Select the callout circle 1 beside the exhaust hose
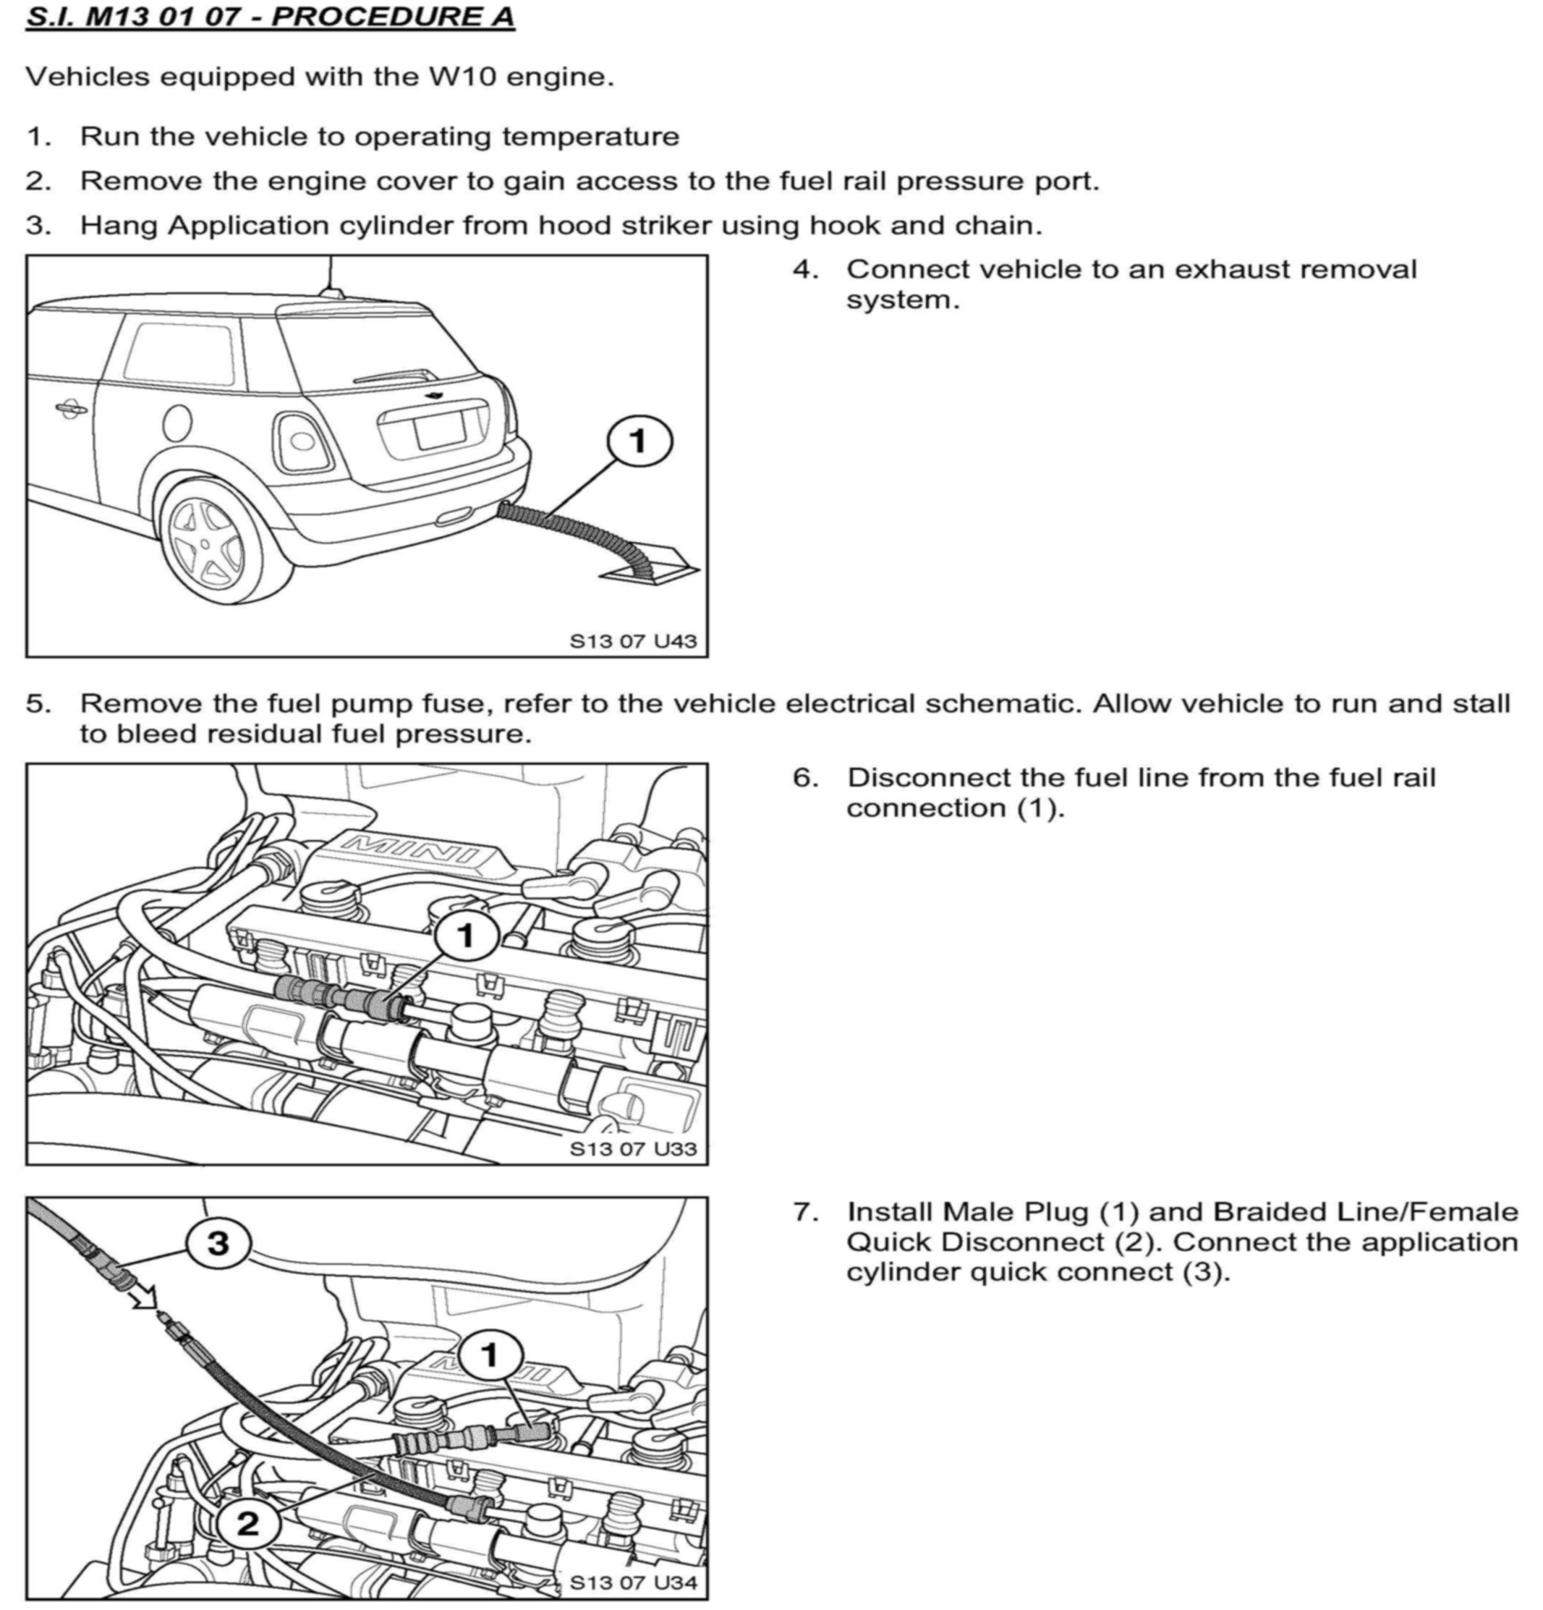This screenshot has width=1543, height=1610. pyautogui.click(x=639, y=442)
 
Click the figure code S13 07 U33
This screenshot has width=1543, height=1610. pyautogui.click(x=633, y=1148)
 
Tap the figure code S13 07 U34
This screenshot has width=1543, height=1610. pyautogui.click(x=633, y=1582)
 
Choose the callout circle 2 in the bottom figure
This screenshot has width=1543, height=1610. pyautogui.click(x=247, y=1525)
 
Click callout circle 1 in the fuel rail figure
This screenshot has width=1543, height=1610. pyautogui.click(x=467, y=935)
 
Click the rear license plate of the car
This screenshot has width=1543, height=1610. pyautogui.click(x=439, y=431)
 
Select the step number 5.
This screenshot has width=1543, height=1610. pyautogui.click(x=38, y=704)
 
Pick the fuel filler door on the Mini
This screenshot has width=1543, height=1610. pyautogui.click(x=177, y=423)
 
